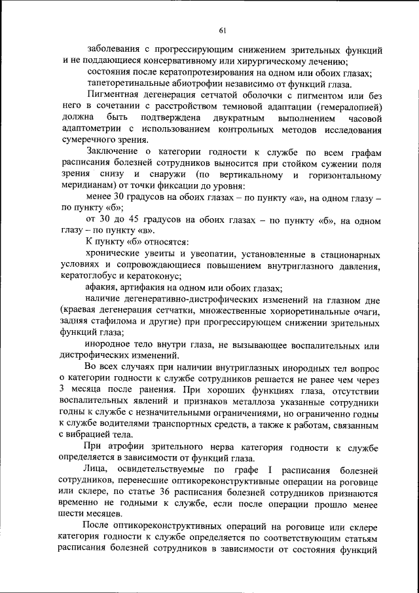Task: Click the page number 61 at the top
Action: coord(223,31)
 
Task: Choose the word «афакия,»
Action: coord(101,288)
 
